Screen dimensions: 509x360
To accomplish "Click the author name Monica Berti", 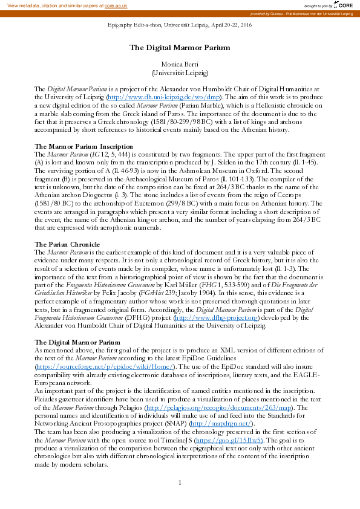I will pyautogui.click(x=180, y=64).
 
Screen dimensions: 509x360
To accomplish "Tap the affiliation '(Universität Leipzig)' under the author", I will pyautogui.click(x=180, y=73).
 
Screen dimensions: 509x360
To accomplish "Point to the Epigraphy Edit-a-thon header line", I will pyautogui.click(x=180, y=27).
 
